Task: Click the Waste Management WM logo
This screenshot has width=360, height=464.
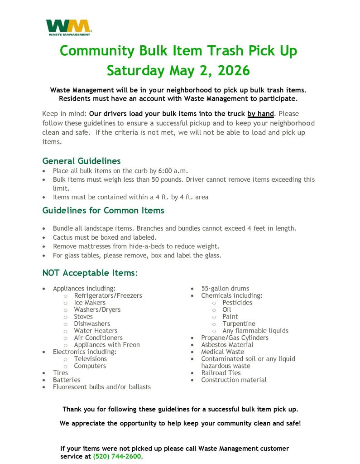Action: point(68,27)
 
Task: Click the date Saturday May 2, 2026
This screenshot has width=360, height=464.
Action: point(178,71)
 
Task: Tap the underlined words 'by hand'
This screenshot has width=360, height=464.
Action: point(260,114)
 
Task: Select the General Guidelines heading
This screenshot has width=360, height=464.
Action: point(82,161)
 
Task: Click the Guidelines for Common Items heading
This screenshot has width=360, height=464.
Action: point(103,210)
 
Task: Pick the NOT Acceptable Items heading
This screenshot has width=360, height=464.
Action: point(90,273)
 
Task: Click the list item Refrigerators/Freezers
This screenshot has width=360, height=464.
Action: point(108,295)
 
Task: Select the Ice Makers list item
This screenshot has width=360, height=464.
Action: point(90,303)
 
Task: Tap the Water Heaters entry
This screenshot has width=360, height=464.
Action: point(96,331)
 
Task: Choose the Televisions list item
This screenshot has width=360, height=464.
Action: point(91,359)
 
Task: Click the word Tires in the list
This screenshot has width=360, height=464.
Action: point(61,373)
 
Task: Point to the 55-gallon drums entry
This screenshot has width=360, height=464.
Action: point(225,289)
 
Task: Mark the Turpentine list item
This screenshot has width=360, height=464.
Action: point(239,324)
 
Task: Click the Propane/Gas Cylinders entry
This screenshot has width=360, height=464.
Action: point(235,338)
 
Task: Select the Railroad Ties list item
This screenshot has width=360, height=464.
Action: point(221,373)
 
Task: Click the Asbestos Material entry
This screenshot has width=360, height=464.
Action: point(227,345)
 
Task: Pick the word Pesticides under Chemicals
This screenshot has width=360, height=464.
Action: point(237,303)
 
